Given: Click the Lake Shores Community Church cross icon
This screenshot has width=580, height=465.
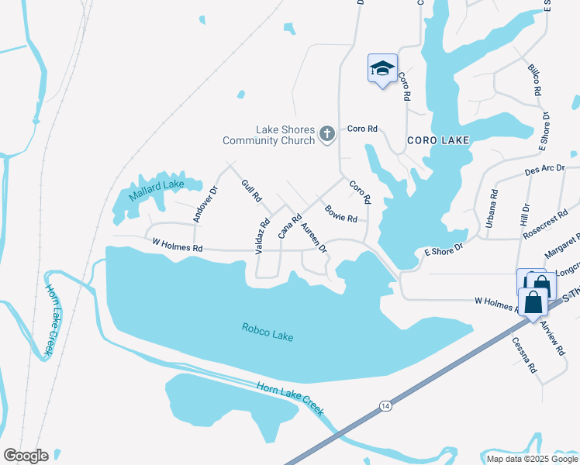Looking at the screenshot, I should point(327,135).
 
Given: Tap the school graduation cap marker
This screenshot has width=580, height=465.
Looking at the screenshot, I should point(381,68).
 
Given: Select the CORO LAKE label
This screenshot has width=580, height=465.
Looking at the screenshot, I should point(439,140).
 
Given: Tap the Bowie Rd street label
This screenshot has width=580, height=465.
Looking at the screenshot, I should point(340,212).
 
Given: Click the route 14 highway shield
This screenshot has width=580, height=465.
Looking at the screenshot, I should point(385,405).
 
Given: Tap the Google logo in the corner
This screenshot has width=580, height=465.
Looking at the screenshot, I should point(26,456).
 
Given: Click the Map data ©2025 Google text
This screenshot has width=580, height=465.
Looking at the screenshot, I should point(531,459).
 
